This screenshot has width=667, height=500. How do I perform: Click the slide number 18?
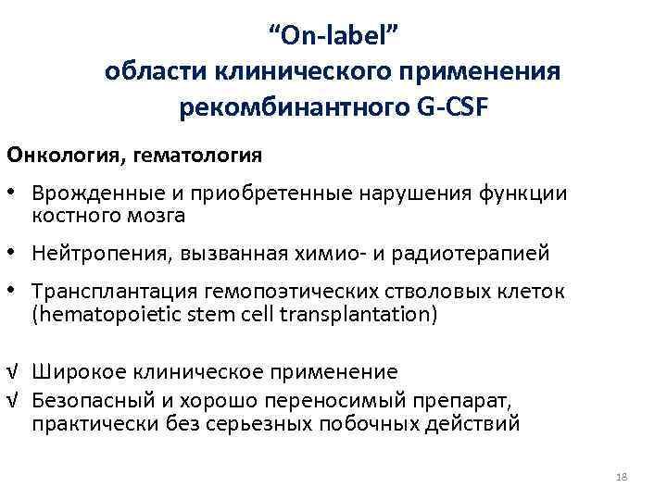click(x=621, y=476)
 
